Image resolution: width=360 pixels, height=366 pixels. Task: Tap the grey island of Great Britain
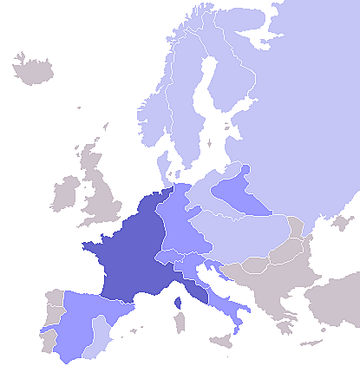click(102, 195)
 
